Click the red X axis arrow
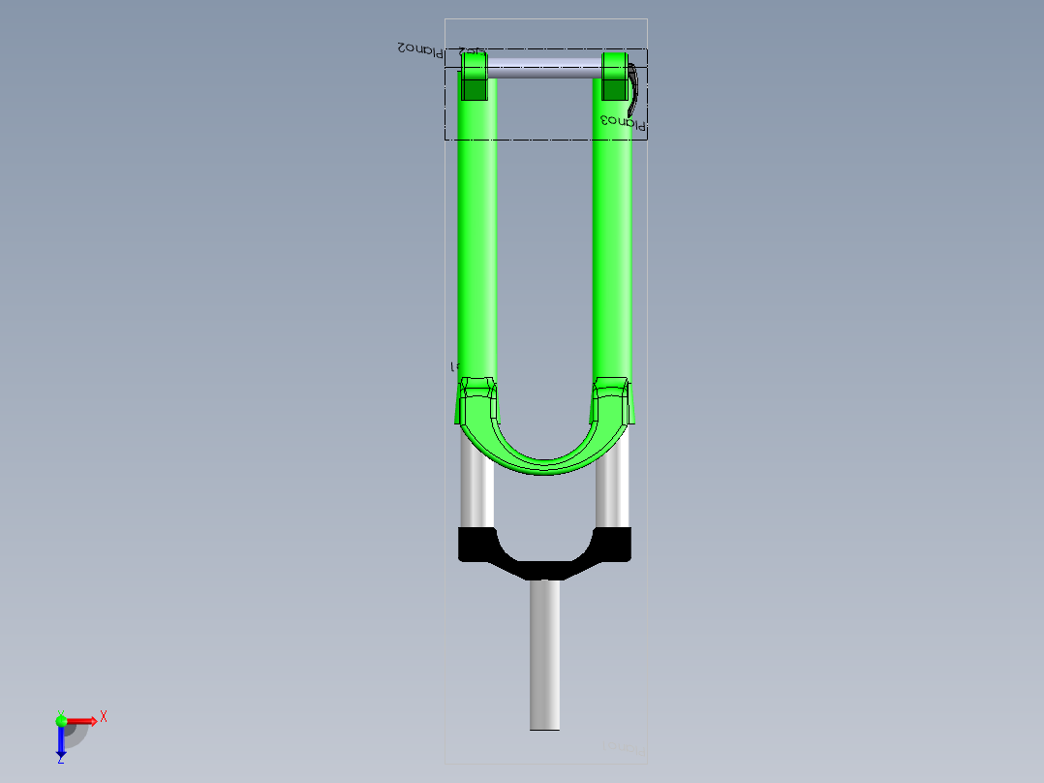click(x=82, y=721)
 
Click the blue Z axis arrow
click(x=61, y=742)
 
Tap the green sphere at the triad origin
click(x=61, y=720)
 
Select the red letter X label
click(x=103, y=717)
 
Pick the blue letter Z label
click(x=60, y=761)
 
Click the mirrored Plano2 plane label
click(x=417, y=48)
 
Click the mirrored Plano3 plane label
click(x=622, y=122)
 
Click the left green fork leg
click(x=477, y=242)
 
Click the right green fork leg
click(x=612, y=242)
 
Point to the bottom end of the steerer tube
click(x=544, y=727)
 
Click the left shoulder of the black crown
click(x=476, y=544)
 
